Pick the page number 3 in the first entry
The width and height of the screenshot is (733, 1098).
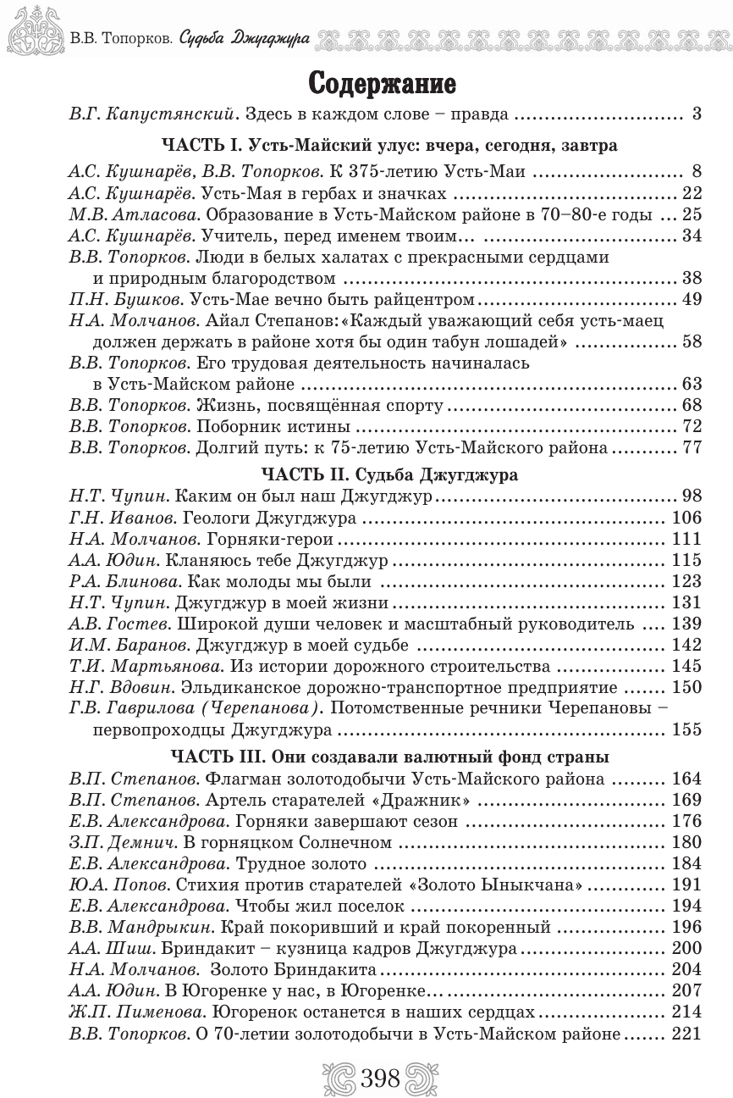pyautogui.click(x=696, y=113)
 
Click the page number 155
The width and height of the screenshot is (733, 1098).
pyautogui.click(x=686, y=729)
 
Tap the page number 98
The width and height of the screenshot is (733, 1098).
pyautogui.click(x=691, y=496)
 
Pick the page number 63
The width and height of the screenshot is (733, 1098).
pyautogui.click(x=691, y=384)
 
